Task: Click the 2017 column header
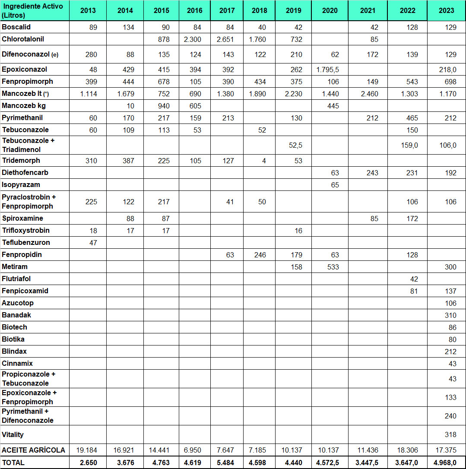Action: pyautogui.click(x=227, y=10)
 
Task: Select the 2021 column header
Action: pyautogui.click(x=368, y=10)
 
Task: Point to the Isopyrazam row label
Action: pyautogui.click(x=21, y=185)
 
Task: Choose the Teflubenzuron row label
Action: pyautogui.click(x=26, y=243)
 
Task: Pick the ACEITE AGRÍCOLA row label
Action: pyautogui.click(x=33, y=450)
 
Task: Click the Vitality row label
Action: pyautogui.click(x=13, y=434)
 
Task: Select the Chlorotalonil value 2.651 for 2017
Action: pyautogui.click(x=227, y=39)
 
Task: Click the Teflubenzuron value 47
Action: pyautogui.click(x=93, y=243)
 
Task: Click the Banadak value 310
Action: pyautogui.click(x=450, y=315)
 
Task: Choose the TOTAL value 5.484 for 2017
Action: pyautogui.click(x=227, y=463)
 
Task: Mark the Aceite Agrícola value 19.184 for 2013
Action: pyautogui.click(x=87, y=450)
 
